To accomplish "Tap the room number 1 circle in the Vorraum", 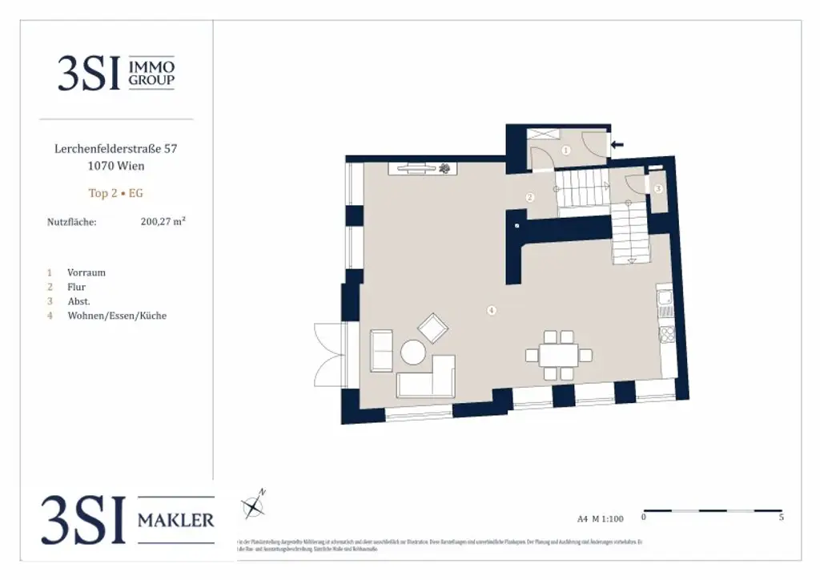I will click(x=565, y=150).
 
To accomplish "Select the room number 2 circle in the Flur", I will click(x=529, y=197).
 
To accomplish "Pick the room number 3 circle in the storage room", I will click(x=657, y=189).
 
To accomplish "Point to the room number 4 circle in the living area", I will click(x=492, y=310).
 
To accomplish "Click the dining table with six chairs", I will click(x=559, y=355).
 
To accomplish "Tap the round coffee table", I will click(x=413, y=352).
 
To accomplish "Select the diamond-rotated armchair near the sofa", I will click(x=433, y=328).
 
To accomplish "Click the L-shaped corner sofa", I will click(x=428, y=378).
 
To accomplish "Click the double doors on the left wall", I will click(x=330, y=355).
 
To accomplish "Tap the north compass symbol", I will click(x=254, y=505).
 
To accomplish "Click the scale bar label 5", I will click(x=781, y=518).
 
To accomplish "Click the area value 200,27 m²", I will click(x=163, y=222).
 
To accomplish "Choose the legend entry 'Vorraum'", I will click(x=86, y=272).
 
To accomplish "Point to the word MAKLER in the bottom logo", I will click(x=175, y=521).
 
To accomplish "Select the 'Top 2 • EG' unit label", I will click(x=116, y=193).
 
